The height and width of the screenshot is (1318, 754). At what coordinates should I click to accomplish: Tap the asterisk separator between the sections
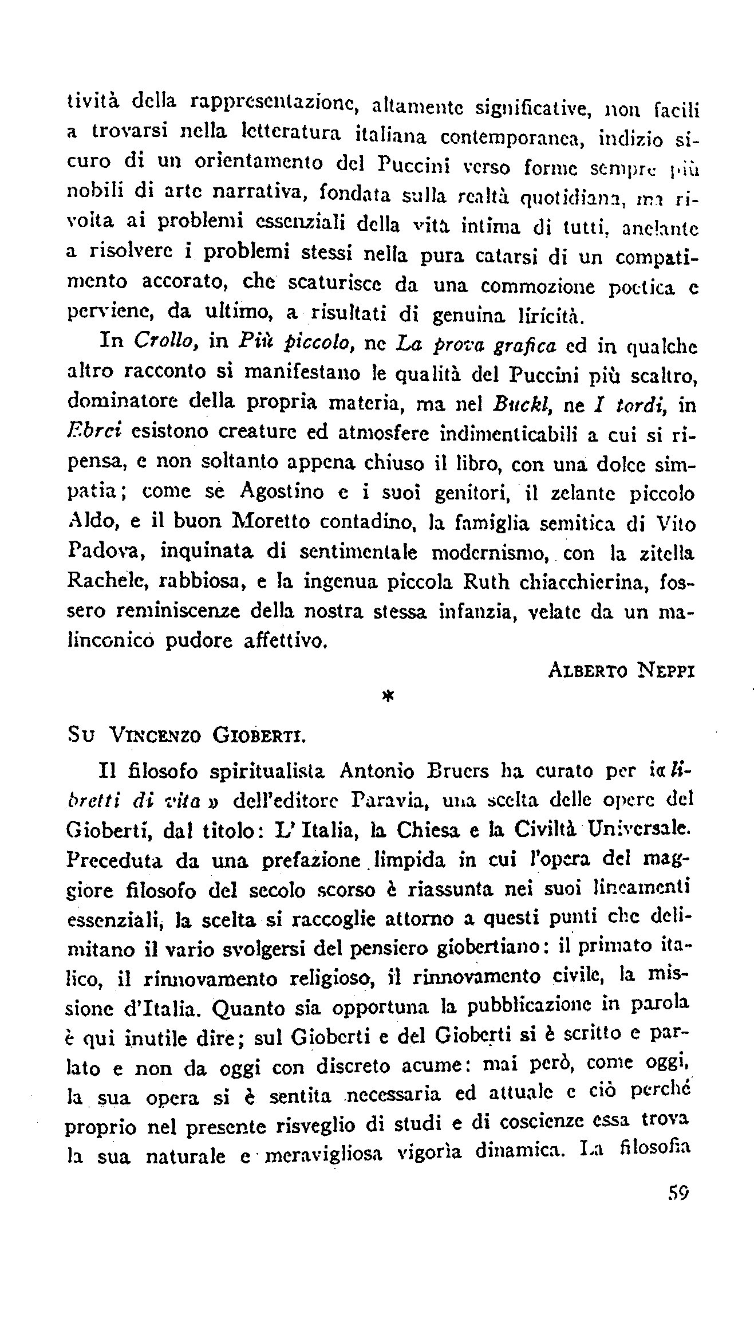pos(388,695)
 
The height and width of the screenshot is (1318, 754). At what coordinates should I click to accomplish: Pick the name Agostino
pos(281,492)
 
